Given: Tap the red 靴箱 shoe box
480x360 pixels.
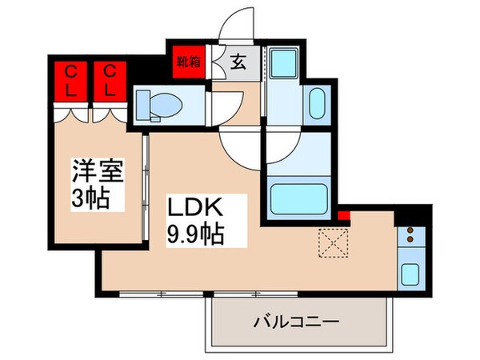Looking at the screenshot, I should click(190, 62).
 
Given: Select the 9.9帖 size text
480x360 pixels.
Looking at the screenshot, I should click(194, 234).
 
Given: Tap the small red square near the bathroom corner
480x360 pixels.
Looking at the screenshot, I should click(345, 214).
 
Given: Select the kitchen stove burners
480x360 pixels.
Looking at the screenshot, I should click(409, 235).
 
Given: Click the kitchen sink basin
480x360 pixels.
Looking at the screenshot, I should click(409, 272).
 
